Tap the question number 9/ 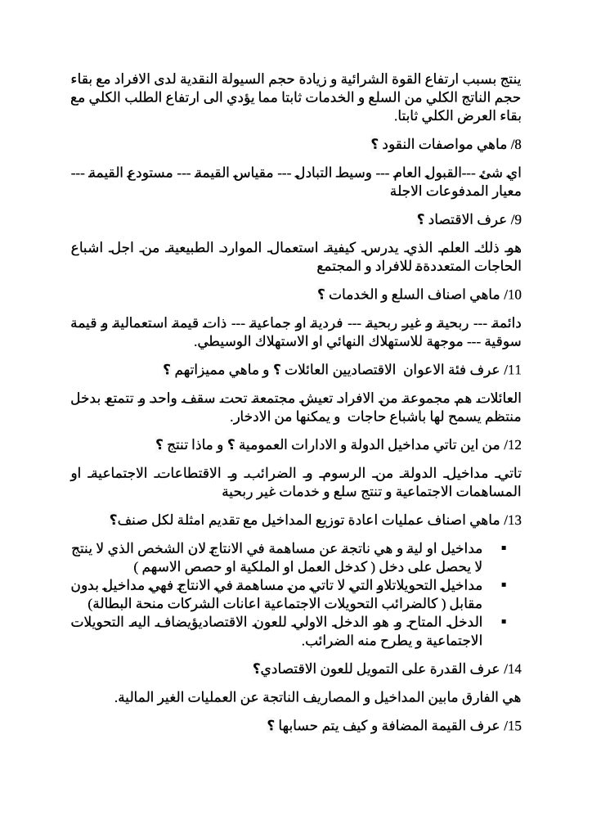515,219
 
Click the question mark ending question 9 421,219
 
